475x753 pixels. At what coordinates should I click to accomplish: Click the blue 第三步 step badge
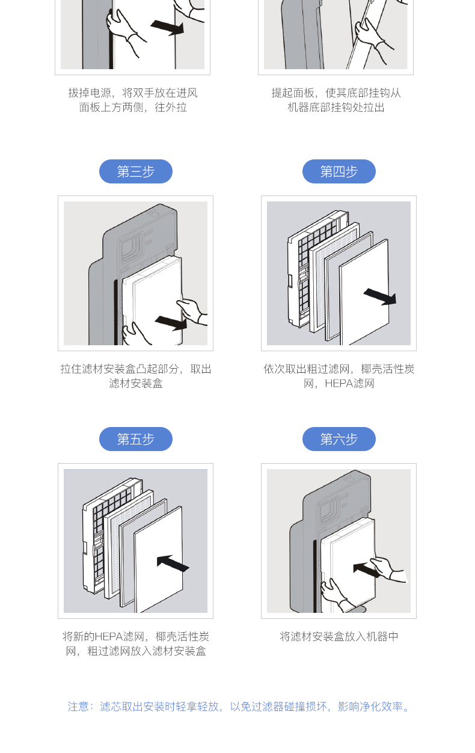coord(136,171)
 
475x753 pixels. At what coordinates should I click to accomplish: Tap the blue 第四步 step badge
coord(339,171)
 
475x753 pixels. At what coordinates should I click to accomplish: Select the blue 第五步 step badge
coord(136,439)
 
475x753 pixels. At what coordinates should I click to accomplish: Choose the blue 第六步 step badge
coord(339,439)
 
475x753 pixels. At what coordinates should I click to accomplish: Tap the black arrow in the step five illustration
coord(173,563)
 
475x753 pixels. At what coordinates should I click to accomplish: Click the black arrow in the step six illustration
coord(367,569)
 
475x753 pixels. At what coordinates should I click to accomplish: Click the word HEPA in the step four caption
coord(338,384)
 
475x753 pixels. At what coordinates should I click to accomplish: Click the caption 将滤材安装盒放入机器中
coord(339,636)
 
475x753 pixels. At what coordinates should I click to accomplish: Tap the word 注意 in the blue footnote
coord(78,707)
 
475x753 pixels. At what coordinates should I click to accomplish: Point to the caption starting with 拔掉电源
coord(133,100)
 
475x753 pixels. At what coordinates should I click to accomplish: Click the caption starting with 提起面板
coord(336,100)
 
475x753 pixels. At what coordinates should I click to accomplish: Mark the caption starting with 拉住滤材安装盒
coord(136,376)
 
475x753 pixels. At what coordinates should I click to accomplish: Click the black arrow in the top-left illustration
coord(167,27)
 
